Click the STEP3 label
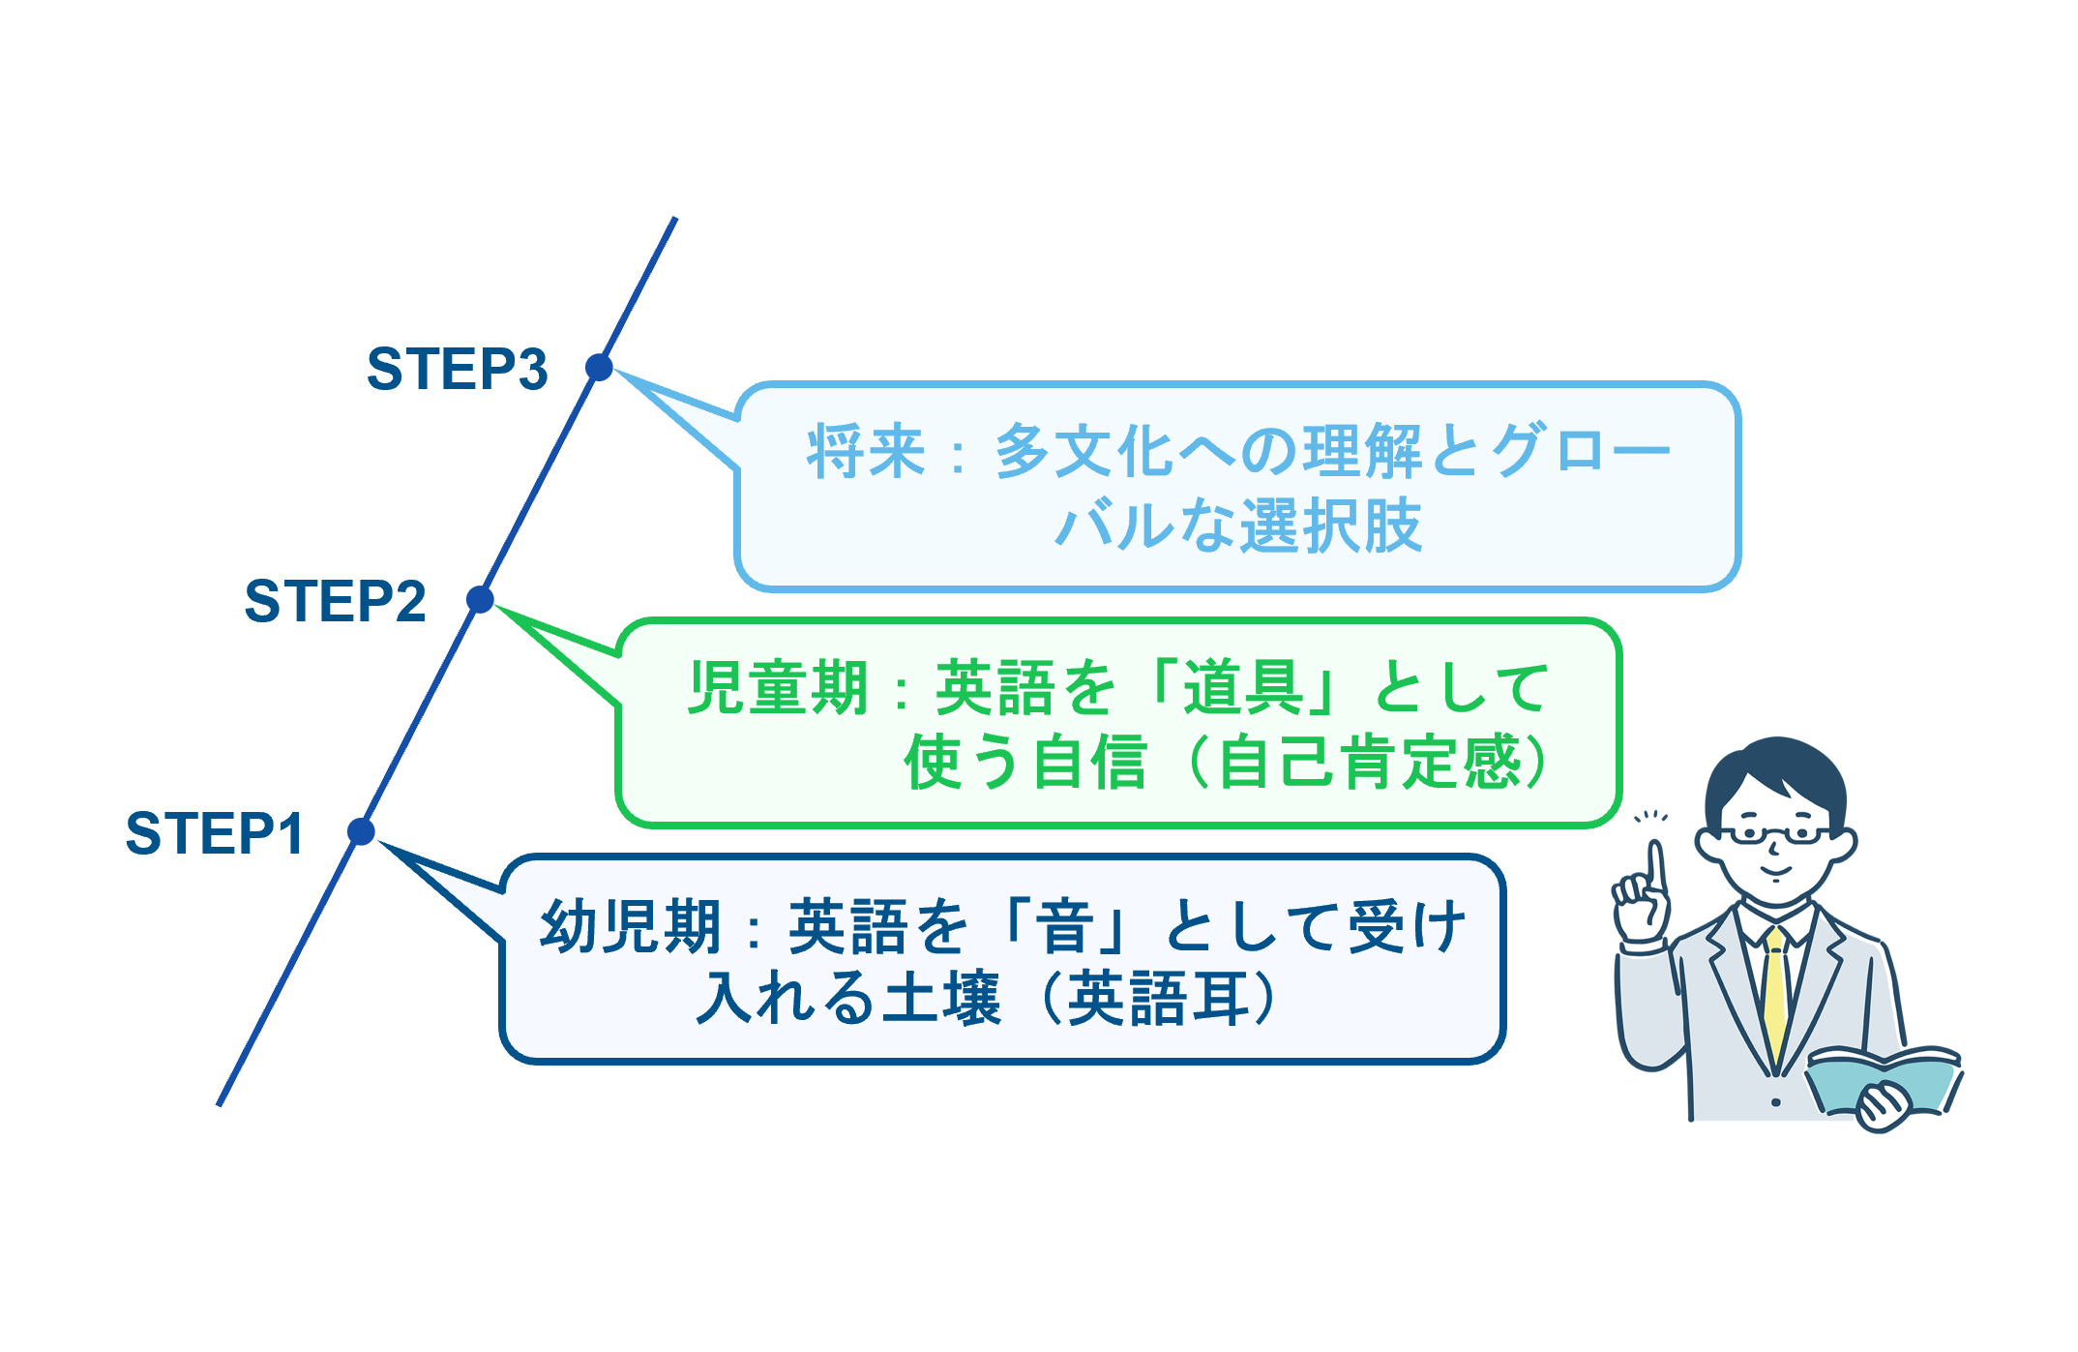click(x=457, y=369)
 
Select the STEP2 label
click(x=335, y=601)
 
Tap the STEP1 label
click(x=215, y=833)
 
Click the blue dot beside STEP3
click(x=599, y=367)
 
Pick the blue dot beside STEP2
click(x=480, y=599)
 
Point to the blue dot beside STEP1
click(x=361, y=830)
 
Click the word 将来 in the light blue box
click(x=866, y=452)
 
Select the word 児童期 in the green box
click(x=777, y=688)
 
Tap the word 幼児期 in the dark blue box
click(x=630, y=926)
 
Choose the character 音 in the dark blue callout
click(x=1065, y=926)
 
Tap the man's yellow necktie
click(x=1774, y=997)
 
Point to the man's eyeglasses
click(x=1776, y=833)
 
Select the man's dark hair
click(x=1776, y=774)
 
